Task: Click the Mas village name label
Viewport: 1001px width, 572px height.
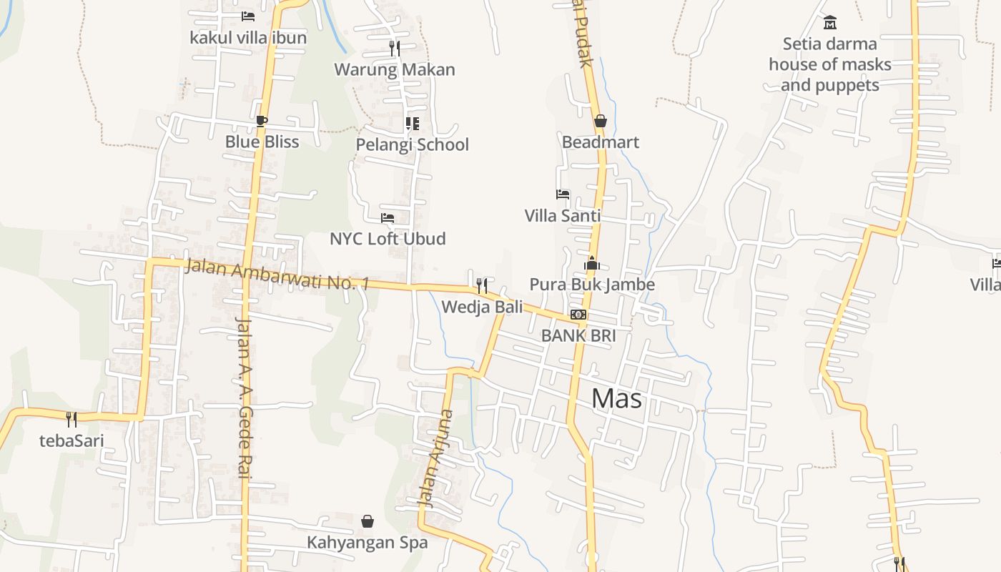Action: (x=616, y=399)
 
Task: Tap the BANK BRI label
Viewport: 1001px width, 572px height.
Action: (x=578, y=335)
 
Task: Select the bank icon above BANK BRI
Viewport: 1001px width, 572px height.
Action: (x=578, y=315)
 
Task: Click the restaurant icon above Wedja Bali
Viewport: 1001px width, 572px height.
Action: (x=482, y=286)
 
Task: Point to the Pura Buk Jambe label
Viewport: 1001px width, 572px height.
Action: (x=591, y=285)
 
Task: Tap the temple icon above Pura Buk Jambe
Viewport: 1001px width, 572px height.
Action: (x=591, y=264)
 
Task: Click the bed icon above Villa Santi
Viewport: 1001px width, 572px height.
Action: (x=563, y=194)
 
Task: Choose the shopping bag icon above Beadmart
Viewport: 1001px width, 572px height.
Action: (x=601, y=121)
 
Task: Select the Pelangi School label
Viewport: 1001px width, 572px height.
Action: (x=413, y=144)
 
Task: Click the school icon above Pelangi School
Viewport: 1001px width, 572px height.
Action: (x=413, y=124)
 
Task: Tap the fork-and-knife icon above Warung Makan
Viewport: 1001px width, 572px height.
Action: (x=394, y=49)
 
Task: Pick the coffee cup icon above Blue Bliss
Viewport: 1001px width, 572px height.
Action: (x=262, y=121)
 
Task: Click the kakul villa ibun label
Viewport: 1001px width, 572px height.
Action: (x=248, y=37)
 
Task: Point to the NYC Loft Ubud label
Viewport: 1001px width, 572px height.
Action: (x=388, y=239)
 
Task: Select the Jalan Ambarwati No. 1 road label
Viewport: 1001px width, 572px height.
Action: (x=277, y=275)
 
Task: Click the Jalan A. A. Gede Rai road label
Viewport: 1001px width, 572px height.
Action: (x=244, y=397)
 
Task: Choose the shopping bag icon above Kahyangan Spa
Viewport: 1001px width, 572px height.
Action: (x=368, y=521)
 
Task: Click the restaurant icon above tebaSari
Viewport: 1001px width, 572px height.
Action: (x=71, y=419)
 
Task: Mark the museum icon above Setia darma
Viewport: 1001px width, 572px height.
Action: (x=830, y=23)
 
